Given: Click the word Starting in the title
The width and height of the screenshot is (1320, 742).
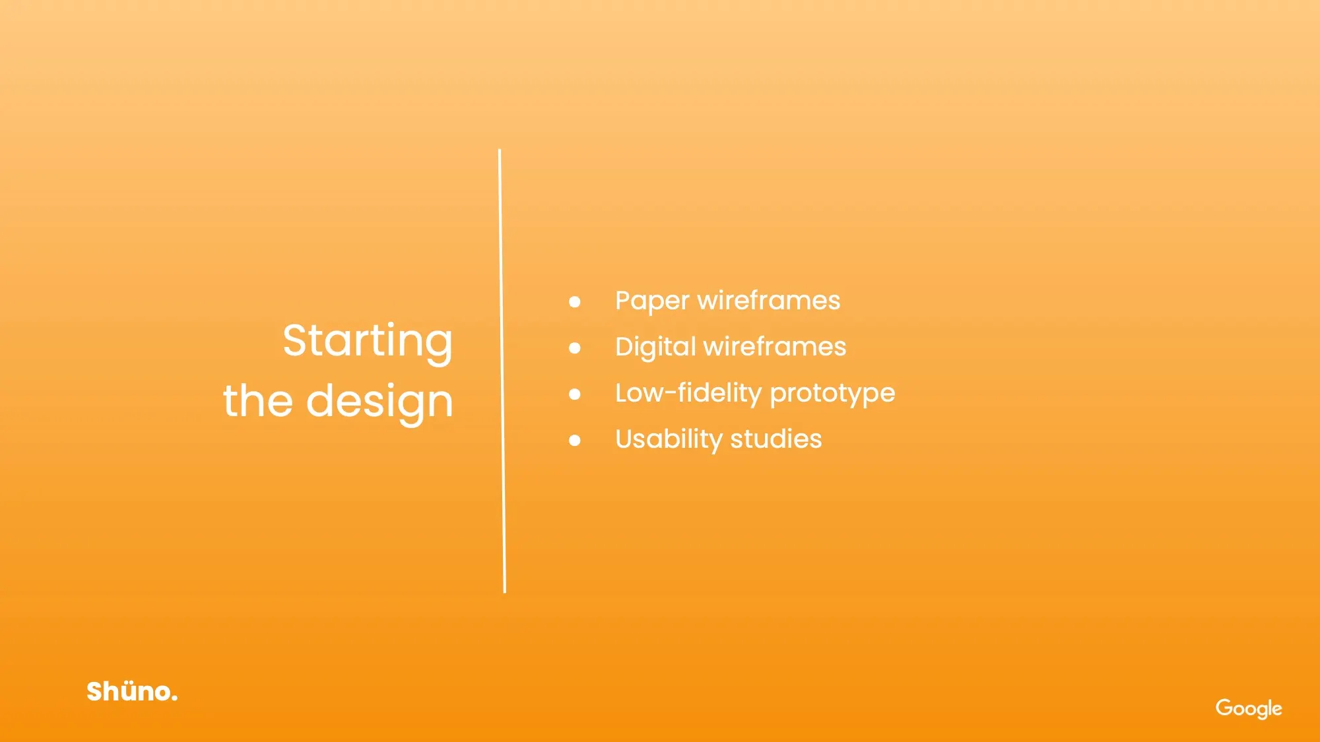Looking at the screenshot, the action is (368, 342).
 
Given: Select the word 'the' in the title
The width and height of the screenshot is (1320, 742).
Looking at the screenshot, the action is (257, 400).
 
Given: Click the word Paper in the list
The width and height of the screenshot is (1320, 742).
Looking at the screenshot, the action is (652, 301).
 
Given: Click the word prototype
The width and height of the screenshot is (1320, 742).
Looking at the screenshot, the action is (832, 394).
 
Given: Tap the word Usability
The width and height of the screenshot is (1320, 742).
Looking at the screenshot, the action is (669, 440).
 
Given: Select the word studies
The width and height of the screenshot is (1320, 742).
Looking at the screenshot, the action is (776, 439).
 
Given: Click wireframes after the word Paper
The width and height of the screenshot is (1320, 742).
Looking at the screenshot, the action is (769, 300).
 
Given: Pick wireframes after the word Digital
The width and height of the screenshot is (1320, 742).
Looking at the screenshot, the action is (775, 346).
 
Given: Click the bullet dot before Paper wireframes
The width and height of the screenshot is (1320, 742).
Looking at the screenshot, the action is (575, 302).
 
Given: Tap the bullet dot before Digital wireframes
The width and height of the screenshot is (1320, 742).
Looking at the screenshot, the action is (575, 348).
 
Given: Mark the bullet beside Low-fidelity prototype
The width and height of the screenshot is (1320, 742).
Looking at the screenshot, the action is (575, 394).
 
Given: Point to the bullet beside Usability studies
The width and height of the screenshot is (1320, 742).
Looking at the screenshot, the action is (575, 441).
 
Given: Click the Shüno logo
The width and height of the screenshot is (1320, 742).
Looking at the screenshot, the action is (132, 691).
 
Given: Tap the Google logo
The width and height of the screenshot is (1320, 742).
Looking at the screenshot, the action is (1249, 708).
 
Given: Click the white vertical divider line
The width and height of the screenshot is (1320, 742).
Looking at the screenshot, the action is (502, 371).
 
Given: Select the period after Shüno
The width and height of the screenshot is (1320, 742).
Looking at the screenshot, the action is (174, 698).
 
